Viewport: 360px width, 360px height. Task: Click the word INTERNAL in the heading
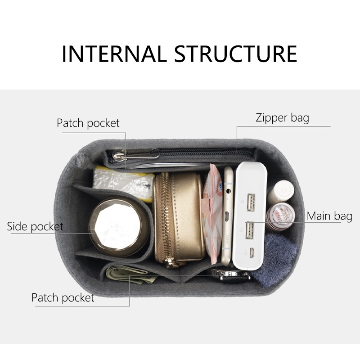coord(114,54)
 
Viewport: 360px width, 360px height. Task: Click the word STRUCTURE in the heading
coord(236,54)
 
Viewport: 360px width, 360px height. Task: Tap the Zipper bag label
coord(282,118)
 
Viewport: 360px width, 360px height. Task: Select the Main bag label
coord(329,216)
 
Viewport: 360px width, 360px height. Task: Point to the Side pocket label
coord(35,227)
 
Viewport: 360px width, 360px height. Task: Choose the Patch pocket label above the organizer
coord(88,123)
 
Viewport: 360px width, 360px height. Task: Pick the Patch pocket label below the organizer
coord(63,298)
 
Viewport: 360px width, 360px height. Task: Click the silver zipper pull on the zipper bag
coord(119,156)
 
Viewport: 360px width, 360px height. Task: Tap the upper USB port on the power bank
coord(251,202)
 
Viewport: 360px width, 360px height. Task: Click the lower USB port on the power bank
coord(250,230)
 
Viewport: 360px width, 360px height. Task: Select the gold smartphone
coord(227,215)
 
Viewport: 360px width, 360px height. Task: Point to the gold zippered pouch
coord(179,219)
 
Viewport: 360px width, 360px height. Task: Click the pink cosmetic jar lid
coord(280,216)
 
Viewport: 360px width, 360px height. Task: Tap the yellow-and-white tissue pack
coord(123,183)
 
